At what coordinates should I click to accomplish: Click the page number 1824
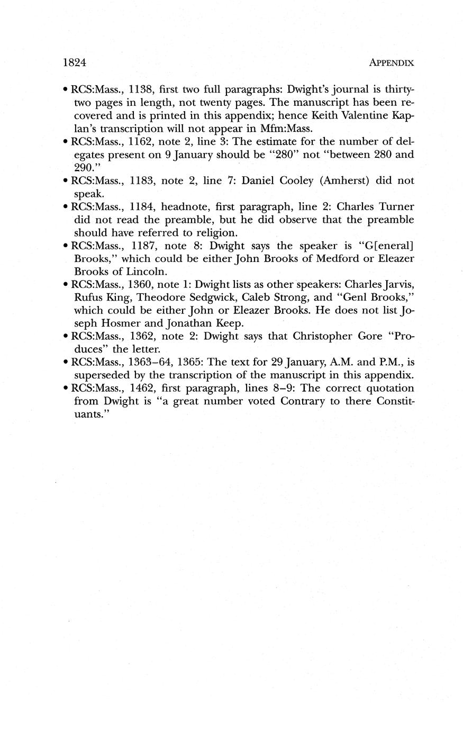[74, 62]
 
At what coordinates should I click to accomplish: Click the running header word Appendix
[391, 62]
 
